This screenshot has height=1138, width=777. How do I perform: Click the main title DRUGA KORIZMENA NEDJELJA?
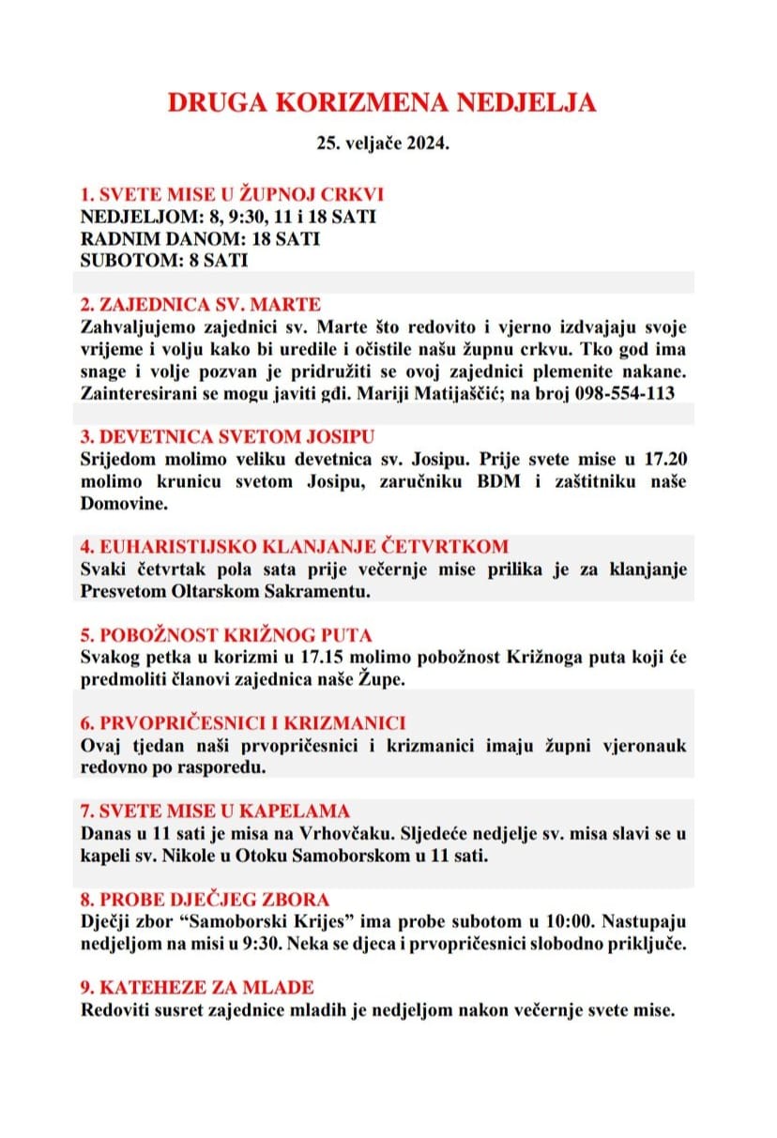(x=382, y=103)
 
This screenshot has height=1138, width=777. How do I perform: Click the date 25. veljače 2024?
(x=383, y=146)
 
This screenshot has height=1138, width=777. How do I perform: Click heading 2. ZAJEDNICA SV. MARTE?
(x=201, y=305)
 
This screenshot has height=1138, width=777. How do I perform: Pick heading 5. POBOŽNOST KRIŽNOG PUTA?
(x=226, y=635)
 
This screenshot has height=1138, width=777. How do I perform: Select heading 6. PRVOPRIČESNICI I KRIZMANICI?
(x=243, y=723)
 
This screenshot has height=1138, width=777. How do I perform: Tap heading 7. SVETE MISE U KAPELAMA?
(x=215, y=811)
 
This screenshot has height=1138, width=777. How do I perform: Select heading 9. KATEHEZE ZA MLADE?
(x=197, y=987)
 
